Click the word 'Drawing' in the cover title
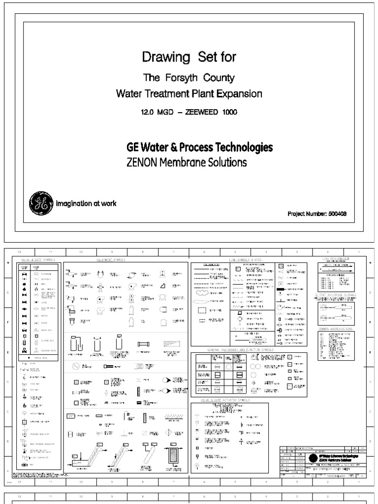coord(159,58)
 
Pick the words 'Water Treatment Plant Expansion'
coord(189,93)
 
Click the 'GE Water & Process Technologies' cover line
coord(200,147)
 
